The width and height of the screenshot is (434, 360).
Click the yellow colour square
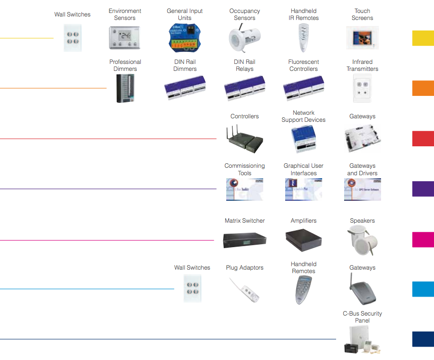pyautogui.click(x=423, y=38)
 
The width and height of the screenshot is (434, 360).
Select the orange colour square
pyautogui.click(x=423, y=88)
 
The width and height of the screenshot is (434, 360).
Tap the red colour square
pyautogui.click(x=423, y=138)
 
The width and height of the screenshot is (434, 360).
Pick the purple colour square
pyautogui.click(x=423, y=189)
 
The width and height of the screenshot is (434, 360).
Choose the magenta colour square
pyautogui.click(x=423, y=240)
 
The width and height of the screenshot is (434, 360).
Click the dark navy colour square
pyautogui.click(x=423, y=339)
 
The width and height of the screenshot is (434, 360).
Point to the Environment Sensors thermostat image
pyautogui.click(x=125, y=38)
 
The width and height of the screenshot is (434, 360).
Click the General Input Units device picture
pyautogui.click(x=184, y=38)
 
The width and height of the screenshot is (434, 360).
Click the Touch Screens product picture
pyautogui.click(x=362, y=38)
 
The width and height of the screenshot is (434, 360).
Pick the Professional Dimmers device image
pyautogui.click(x=125, y=88)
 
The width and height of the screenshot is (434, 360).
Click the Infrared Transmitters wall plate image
pyautogui.click(x=362, y=88)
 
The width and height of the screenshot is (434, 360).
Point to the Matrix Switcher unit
pyautogui.click(x=244, y=240)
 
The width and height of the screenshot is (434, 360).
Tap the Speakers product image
pyautogui.click(x=362, y=241)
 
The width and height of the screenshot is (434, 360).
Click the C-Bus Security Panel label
pyautogui.click(x=362, y=317)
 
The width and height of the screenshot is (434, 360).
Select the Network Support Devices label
pyautogui.click(x=303, y=116)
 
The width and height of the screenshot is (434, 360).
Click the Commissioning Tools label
pyautogui.click(x=244, y=169)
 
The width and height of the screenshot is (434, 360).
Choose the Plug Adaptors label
pyautogui.click(x=244, y=268)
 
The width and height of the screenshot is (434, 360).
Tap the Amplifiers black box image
pyautogui.click(x=303, y=240)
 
